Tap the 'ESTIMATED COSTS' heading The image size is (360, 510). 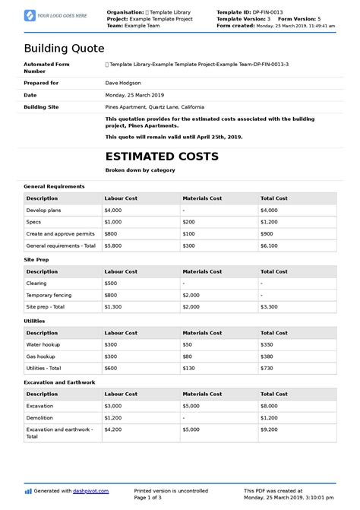(x=162, y=157)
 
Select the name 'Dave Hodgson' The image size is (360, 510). (x=123, y=82)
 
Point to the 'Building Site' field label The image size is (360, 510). (x=42, y=107)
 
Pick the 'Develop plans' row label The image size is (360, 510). (x=44, y=209)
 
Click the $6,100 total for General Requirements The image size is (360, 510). (x=270, y=245)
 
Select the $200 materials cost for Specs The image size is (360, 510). (x=188, y=221)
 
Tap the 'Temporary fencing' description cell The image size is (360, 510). (x=50, y=294)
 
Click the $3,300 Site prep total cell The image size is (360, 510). (x=270, y=306)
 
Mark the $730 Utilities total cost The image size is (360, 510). (x=267, y=367)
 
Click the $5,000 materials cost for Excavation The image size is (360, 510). (x=191, y=406)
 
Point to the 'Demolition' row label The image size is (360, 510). (x=40, y=417)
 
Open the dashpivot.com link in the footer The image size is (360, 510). (x=92, y=491)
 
